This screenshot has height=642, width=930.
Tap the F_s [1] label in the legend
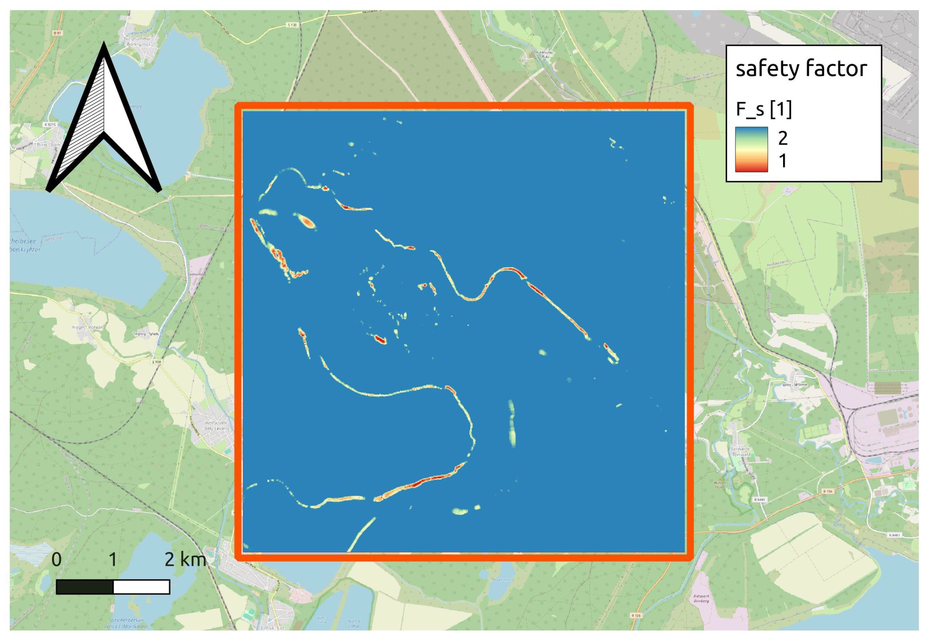click(x=764, y=110)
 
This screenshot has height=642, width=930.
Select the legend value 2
click(x=782, y=138)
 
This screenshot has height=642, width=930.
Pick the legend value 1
click(x=782, y=161)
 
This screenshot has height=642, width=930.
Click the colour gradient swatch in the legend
click(x=751, y=149)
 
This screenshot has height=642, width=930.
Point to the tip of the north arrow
click(x=104, y=45)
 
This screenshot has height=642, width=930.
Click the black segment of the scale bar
click(x=85, y=587)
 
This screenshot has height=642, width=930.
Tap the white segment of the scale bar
click(x=142, y=587)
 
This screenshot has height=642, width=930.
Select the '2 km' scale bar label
click(x=185, y=559)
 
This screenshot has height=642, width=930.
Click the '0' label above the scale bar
click(x=57, y=559)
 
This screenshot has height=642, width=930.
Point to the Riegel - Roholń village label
click(x=87, y=327)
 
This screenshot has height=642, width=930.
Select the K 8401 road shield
click(x=759, y=499)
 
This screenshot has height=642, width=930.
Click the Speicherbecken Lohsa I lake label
click(x=128, y=623)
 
